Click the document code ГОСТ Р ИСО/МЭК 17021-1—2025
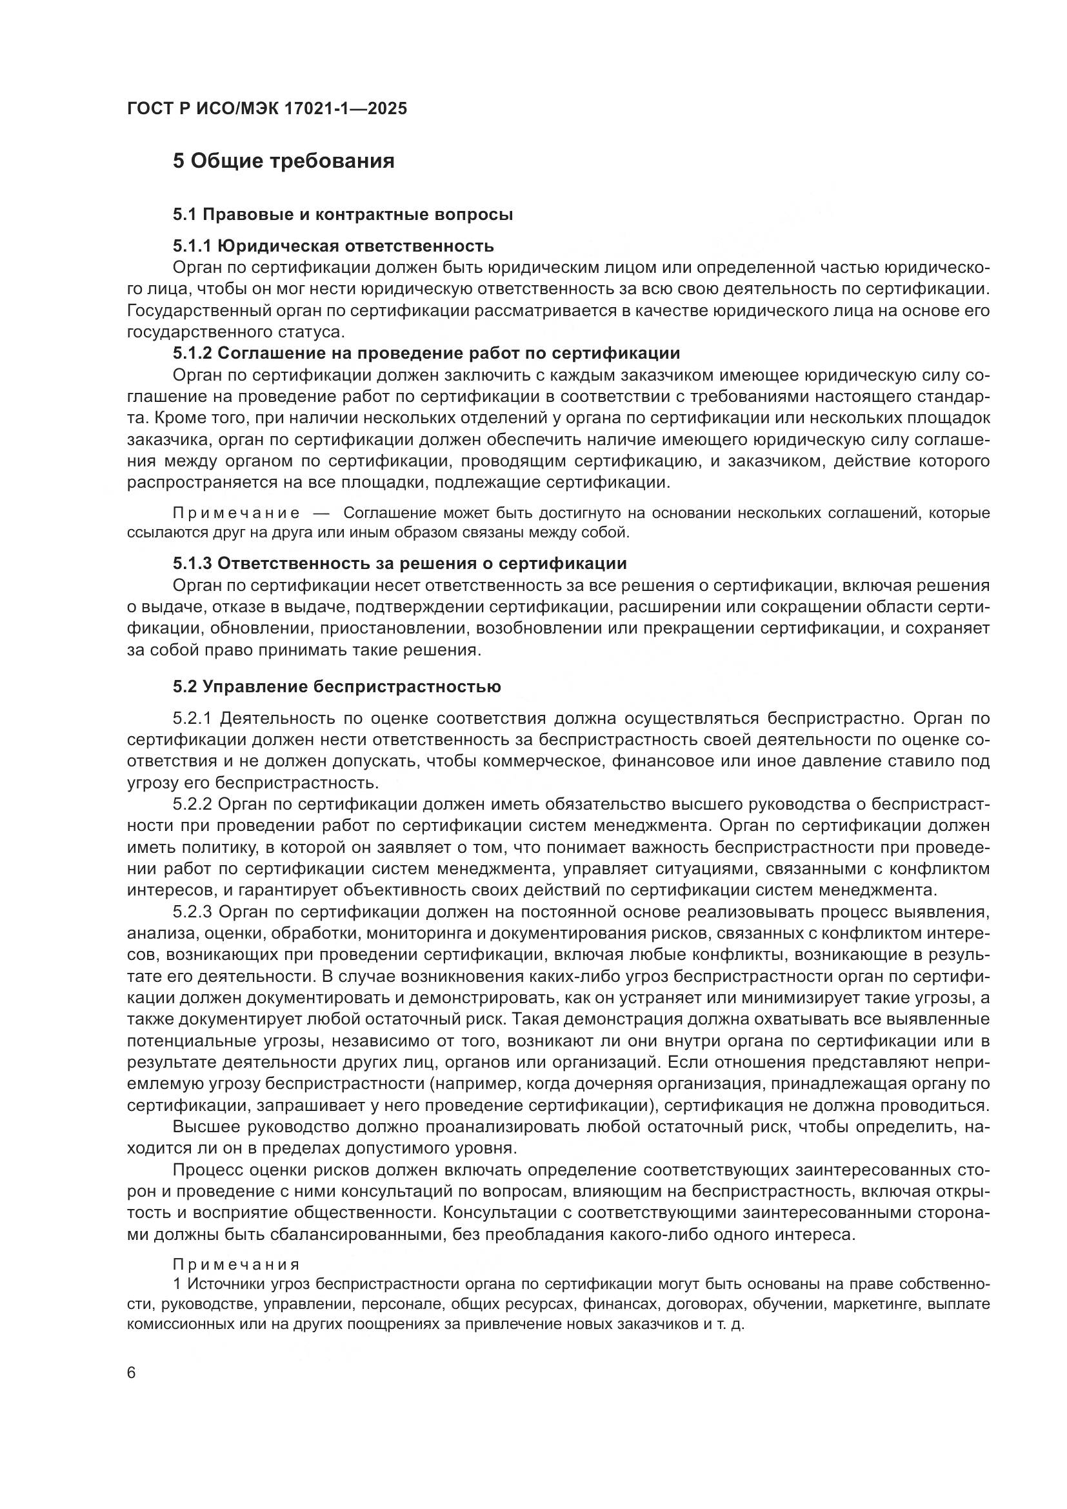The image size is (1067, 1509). pos(267,108)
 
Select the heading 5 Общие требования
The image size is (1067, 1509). pos(283,161)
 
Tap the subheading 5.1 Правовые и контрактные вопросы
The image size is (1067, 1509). pos(343,214)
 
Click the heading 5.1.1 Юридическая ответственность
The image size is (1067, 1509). pos(333,246)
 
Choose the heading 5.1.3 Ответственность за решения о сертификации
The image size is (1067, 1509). pos(399,563)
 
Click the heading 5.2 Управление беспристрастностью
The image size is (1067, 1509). pos(336,687)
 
